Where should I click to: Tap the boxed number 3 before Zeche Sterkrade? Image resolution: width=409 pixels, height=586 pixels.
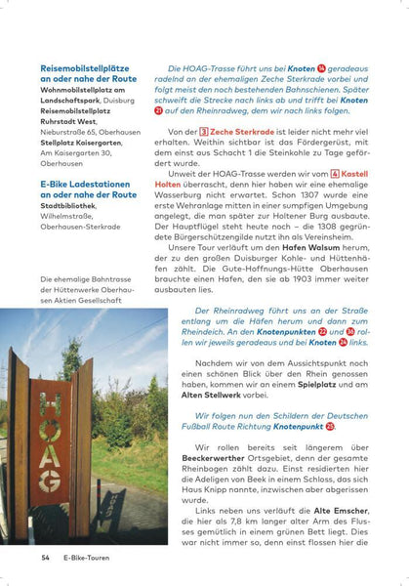[202, 131]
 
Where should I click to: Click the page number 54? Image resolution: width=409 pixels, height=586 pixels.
[45, 558]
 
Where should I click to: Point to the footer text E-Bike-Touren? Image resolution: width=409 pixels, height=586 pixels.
[91, 558]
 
